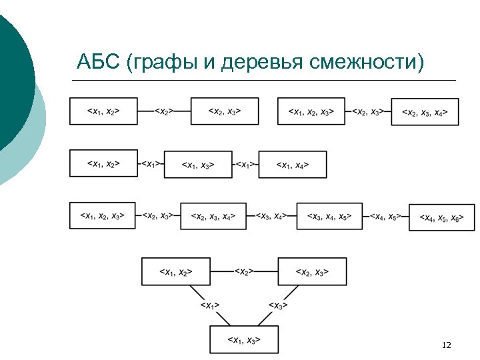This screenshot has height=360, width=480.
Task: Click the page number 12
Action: pos(447,345)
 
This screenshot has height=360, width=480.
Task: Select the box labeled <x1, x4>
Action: pos(293,164)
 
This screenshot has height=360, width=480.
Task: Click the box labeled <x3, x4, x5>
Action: pos(330,216)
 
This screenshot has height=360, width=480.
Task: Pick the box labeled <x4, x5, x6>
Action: pos(442,217)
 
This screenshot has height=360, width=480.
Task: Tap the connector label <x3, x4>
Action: pos(272,216)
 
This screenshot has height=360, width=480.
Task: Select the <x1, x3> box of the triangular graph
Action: pos(243,339)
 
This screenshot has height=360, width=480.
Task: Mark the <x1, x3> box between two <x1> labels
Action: pos(198,164)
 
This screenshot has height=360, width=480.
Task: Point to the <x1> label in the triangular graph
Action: pos(210,305)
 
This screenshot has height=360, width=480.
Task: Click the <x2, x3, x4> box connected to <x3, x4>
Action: pos(213,216)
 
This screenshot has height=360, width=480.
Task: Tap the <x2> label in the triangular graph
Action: pos(244,271)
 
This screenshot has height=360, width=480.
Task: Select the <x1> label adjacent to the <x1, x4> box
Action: pos(245,164)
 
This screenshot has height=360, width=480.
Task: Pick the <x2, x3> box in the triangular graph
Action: pos(312,271)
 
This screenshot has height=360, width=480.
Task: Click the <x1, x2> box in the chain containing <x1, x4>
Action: pos(103,163)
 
